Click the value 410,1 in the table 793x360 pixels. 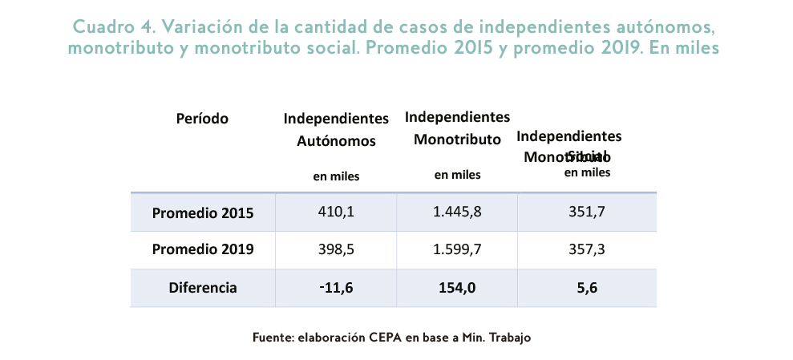pyautogui.click(x=336, y=212)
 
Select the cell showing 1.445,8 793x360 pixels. pyautogui.click(x=457, y=212)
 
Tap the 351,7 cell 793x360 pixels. pyautogui.click(x=587, y=212)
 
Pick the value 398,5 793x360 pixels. pyautogui.click(x=336, y=249)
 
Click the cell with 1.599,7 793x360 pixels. pyautogui.click(x=457, y=249)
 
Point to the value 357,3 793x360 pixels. pyautogui.click(x=587, y=249)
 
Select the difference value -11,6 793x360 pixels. pyautogui.click(x=336, y=287)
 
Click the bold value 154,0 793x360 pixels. pyautogui.click(x=457, y=287)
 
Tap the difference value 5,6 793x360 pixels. pyautogui.click(x=587, y=287)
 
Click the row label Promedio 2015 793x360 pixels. pyautogui.click(x=203, y=213)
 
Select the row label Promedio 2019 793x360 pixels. pyautogui.click(x=203, y=249)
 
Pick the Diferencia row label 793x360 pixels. pyautogui.click(x=203, y=287)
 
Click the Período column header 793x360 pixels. pyautogui.click(x=202, y=119)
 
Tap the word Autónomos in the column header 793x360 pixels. pyautogui.click(x=336, y=141)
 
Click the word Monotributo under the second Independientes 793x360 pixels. pyautogui.click(x=457, y=140)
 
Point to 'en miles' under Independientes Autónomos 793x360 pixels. pyautogui.click(x=336, y=176)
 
